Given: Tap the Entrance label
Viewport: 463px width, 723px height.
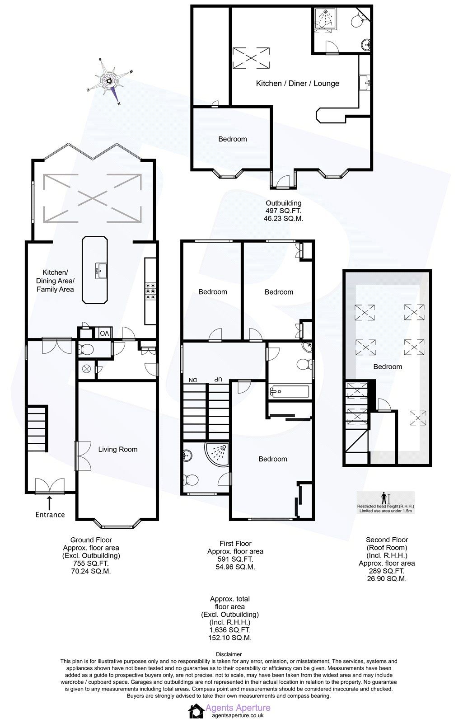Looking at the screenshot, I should click(x=50, y=515).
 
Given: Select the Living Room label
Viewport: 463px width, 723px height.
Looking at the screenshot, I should click(x=118, y=449).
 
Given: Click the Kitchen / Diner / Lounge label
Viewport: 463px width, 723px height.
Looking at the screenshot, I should click(x=297, y=83).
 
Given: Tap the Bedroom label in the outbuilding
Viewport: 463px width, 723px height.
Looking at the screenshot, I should click(x=233, y=139).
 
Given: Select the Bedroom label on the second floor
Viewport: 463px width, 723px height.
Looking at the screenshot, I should click(x=387, y=366).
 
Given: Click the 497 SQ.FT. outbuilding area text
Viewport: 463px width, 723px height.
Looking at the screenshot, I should click(x=283, y=211).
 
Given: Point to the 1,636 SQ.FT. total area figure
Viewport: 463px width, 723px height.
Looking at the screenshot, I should click(x=230, y=630).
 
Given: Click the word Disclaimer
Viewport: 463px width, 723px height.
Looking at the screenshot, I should click(x=229, y=654).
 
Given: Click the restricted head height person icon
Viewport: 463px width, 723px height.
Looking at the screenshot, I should click(x=384, y=498).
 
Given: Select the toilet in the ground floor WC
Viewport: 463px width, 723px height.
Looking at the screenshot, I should click(x=86, y=349).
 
